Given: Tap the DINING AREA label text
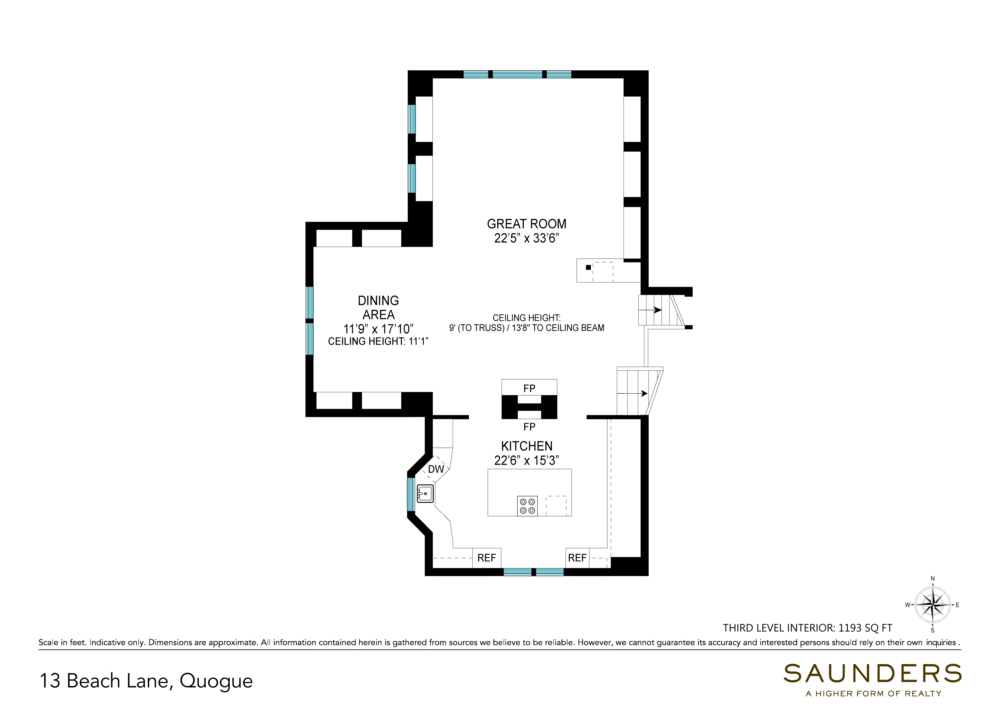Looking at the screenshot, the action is click(378, 308).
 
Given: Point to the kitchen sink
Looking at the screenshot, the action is click(425, 494).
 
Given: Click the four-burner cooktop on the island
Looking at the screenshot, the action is click(527, 506).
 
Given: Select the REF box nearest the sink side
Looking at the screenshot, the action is click(487, 558).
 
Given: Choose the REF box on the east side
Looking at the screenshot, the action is click(577, 558).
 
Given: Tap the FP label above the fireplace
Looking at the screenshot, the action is click(529, 388).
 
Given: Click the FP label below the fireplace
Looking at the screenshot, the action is click(529, 427).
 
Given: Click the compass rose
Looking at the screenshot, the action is click(933, 605).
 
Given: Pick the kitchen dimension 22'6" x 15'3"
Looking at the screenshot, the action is click(527, 461).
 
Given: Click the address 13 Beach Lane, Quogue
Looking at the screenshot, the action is click(146, 681).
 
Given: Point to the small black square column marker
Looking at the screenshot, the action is click(588, 267).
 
